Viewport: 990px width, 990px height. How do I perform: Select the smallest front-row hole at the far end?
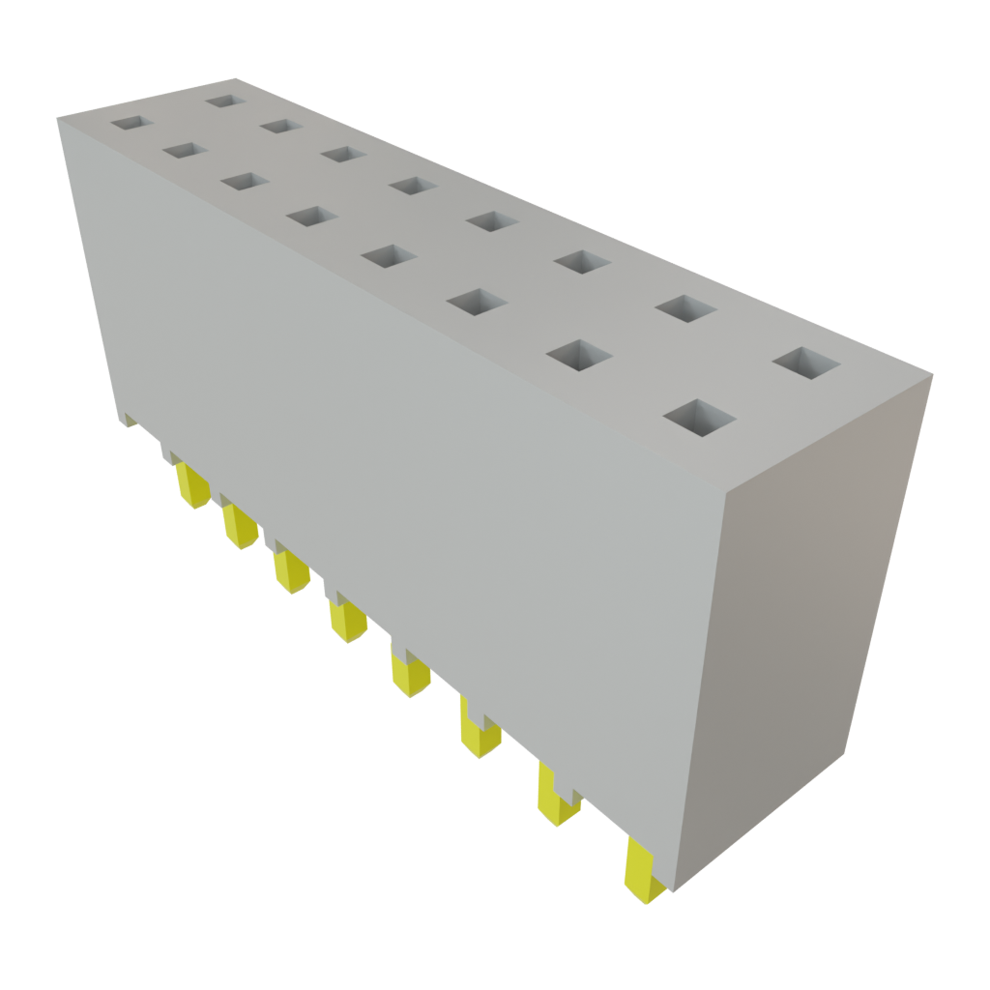click(131, 124)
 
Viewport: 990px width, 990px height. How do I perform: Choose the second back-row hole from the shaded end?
click(684, 309)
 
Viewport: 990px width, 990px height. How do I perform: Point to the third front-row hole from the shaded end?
click(479, 302)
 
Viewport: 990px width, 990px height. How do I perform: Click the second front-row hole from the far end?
click(185, 151)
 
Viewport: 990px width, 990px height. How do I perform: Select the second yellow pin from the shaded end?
click(556, 796)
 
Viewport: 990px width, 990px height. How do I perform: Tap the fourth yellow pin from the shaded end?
click(410, 671)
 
